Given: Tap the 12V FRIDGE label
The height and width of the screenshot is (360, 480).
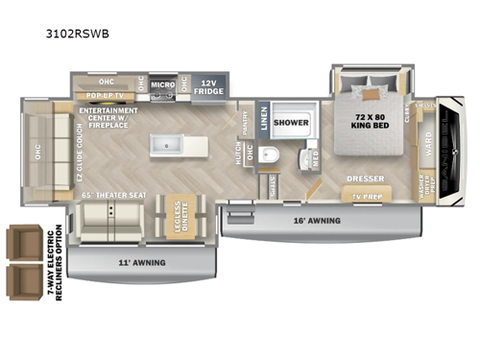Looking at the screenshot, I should click(207, 87).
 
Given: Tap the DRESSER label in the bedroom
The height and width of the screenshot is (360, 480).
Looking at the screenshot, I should click(366, 177).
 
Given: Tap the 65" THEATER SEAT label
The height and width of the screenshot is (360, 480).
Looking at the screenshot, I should click(114, 196).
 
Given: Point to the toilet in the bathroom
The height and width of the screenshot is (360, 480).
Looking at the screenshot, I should click(271, 158).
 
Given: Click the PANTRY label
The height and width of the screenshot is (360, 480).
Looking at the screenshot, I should click(243, 122).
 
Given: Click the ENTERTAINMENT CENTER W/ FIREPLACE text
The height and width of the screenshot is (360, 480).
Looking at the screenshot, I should click(111, 116).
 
